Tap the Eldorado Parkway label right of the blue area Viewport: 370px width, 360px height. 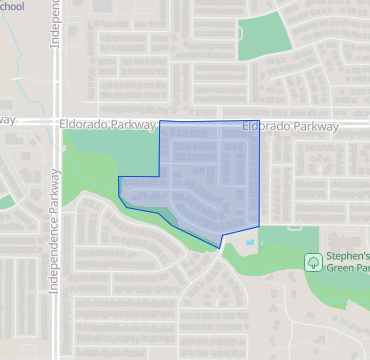[x=291, y=127]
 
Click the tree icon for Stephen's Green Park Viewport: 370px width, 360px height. [x=312, y=262]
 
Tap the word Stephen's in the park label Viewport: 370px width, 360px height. [x=345, y=258]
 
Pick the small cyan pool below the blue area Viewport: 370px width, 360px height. [x=249, y=242]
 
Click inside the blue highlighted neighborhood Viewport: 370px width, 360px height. [x=205, y=180]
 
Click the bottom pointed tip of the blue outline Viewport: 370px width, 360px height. [x=219, y=247]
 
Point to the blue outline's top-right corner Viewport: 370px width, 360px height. [x=259, y=122]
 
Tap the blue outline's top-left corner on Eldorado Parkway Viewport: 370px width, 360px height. [x=160, y=121]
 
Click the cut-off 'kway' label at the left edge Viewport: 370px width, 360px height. [x=8, y=119]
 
